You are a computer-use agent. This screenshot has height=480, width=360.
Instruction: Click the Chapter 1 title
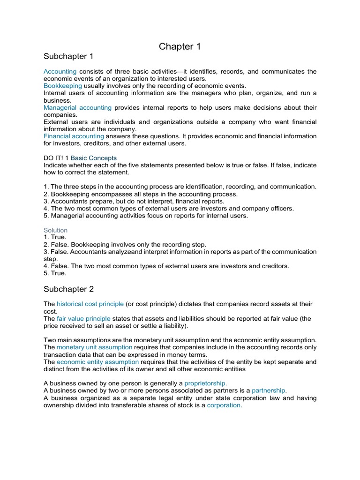tap(176, 46)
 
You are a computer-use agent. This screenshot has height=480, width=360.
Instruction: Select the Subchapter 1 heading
tap(68, 57)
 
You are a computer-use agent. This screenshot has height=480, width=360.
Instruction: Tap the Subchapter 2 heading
tap(68, 289)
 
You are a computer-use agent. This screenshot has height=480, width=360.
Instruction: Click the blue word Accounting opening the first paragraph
tap(59, 72)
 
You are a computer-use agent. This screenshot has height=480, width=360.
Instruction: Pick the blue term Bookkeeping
tap(63, 86)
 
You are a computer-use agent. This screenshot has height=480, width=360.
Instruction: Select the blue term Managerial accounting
tap(77, 107)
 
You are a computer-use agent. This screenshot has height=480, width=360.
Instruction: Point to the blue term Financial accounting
tap(74, 136)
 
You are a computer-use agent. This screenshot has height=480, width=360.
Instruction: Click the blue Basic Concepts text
tap(93, 158)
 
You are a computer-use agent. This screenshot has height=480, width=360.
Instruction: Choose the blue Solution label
tap(55, 230)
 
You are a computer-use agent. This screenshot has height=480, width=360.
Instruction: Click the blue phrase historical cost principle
tap(90, 304)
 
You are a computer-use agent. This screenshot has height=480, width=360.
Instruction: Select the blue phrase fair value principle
tap(83, 319)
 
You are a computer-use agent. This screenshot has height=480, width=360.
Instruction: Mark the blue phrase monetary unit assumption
tap(95, 347)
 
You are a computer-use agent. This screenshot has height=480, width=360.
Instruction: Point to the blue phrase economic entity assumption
tap(98, 362)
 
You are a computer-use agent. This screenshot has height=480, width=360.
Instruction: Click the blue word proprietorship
tap(205, 383)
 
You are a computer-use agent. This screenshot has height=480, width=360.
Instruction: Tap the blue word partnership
tap(269, 390)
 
